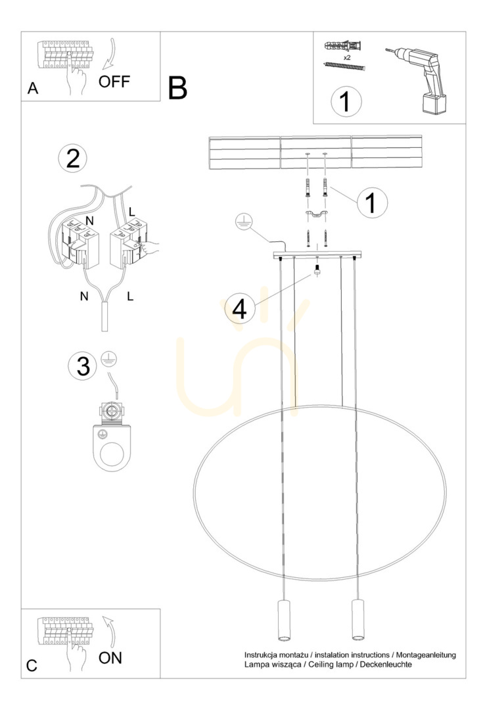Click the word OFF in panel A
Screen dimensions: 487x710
click(114, 82)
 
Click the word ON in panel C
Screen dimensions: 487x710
click(110, 657)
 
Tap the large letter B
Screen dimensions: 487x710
click(177, 88)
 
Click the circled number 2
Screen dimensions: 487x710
click(73, 158)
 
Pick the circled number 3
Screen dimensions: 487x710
click(83, 366)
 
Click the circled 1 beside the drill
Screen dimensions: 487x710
click(346, 101)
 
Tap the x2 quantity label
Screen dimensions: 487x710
click(347, 57)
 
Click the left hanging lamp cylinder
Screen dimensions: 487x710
click(283, 620)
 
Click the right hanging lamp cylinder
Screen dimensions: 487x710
click(358, 620)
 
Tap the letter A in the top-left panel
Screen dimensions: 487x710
click(33, 88)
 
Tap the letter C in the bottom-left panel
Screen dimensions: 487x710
click(32, 665)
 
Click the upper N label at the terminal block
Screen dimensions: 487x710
click(89, 220)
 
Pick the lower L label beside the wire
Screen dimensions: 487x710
click(130, 296)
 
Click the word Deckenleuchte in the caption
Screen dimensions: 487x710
click(386, 664)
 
